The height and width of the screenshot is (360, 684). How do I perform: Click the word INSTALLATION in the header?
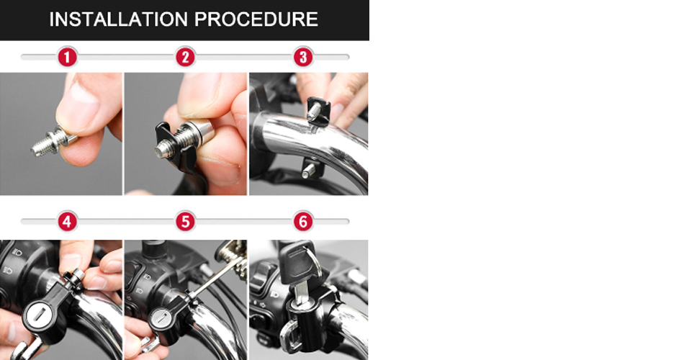click(x=119, y=19)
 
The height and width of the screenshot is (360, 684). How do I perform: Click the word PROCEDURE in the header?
click(x=256, y=19)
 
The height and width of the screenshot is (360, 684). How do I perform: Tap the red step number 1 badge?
click(x=67, y=57)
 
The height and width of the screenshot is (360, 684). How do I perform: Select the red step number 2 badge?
click(x=185, y=57)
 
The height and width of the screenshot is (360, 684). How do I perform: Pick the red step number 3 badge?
click(x=303, y=57)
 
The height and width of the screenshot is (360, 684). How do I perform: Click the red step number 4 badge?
click(x=67, y=222)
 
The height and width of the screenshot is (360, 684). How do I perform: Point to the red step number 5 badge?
click(x=185, y=222)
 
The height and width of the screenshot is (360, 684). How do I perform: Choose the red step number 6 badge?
click(x=303, y=222)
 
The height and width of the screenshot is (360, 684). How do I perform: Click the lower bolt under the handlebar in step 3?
click(x=309, y=170)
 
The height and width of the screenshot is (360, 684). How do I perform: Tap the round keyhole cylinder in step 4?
click(x=37, y=315)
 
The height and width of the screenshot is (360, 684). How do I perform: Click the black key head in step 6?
click(x=297, y=260)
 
